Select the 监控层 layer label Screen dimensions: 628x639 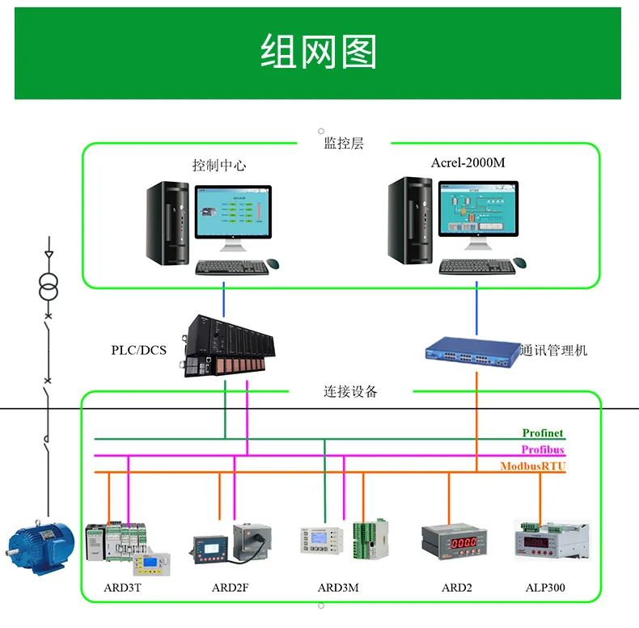pos(344,143)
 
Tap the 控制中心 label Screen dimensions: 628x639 pos(218,165)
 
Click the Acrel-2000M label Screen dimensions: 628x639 pos(468,162)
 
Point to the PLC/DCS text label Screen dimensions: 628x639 pos(138,350)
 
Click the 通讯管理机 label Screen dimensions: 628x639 pos(553,350)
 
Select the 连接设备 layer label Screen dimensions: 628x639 pos(350,392)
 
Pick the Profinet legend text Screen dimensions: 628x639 pos(542,434)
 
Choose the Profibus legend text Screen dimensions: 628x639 pos(542,450)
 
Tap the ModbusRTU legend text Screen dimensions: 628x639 pos(532,466)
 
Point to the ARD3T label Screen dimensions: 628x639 pos(122,588)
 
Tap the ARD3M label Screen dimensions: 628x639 pos(338,588)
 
